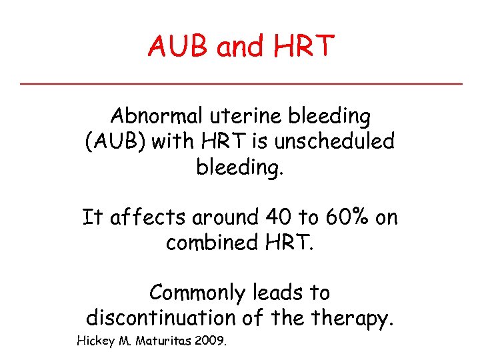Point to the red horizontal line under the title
coord(240,83)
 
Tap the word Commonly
coord(198,293)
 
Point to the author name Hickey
coord(96,342)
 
